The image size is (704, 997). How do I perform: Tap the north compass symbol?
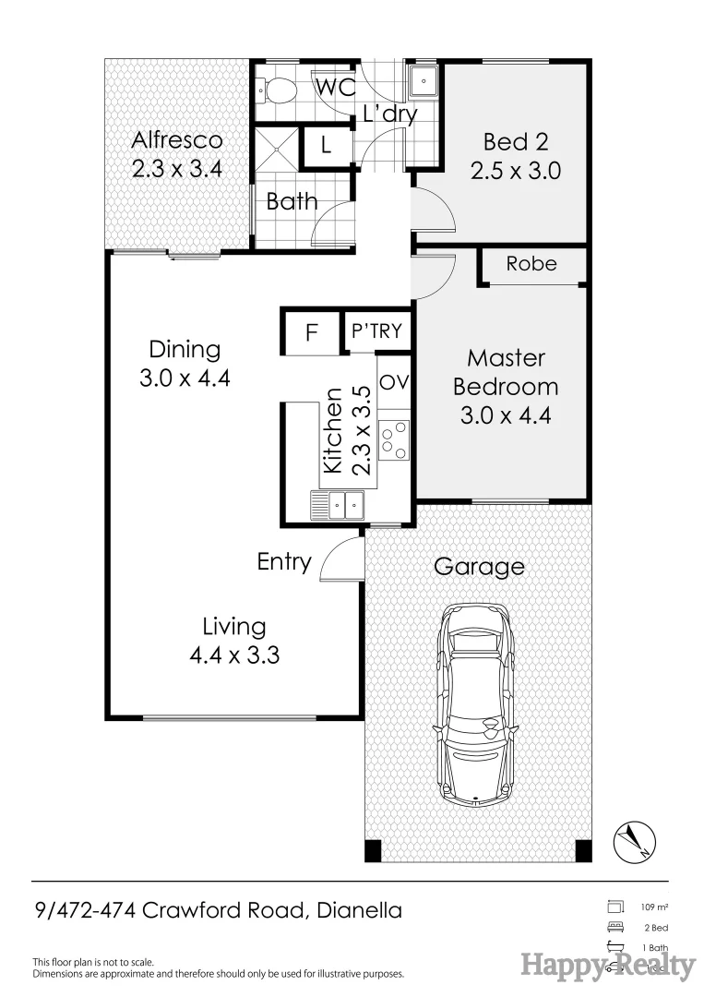coord(634,840)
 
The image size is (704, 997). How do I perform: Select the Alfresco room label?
coord(177,140)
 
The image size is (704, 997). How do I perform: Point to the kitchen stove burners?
coord(394,438)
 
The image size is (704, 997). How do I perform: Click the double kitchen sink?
coord(339,505)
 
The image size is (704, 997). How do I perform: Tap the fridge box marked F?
coord(311,332)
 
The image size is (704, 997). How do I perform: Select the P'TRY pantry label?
coord(376,330)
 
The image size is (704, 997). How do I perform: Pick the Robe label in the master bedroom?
coord(531,264)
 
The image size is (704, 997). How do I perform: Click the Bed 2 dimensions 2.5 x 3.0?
coord(516,171)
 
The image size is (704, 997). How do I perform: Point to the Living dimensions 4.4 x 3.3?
coord(234,655)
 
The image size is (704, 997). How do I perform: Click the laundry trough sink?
coord(424,81)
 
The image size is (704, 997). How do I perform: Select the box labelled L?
coord(327,146)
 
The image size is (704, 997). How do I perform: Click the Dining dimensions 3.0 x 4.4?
coord(185,378)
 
